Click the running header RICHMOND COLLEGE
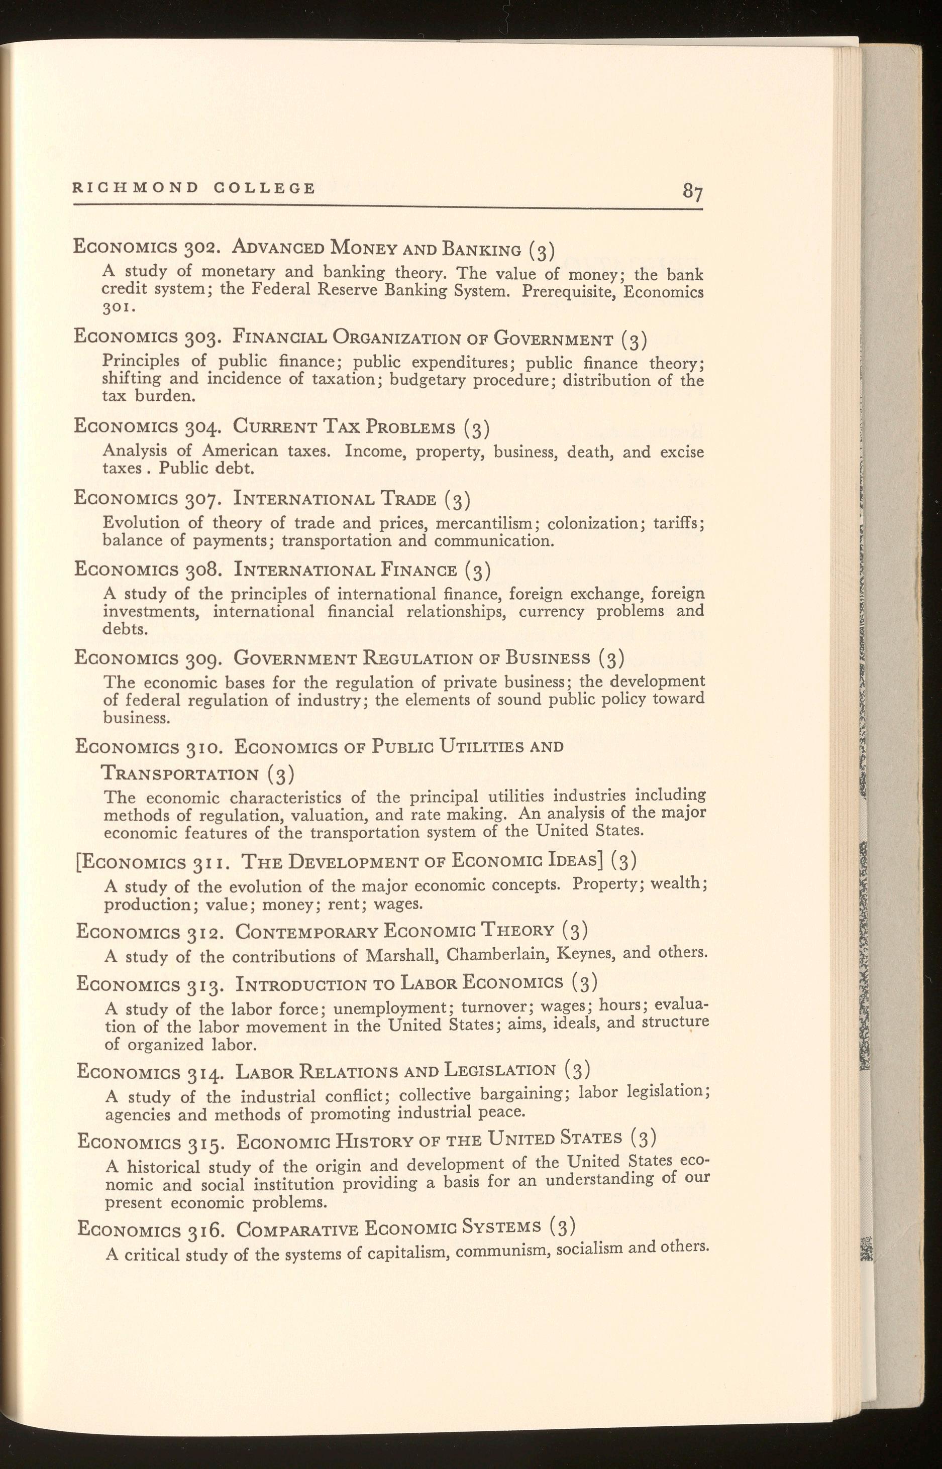click(x=194, y=188)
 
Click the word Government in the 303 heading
click(x=554, y=338)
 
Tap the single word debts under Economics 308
click(x=125, y=629)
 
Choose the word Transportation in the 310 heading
click(x=180, y=774)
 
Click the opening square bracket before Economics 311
click(x=78, y=863)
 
